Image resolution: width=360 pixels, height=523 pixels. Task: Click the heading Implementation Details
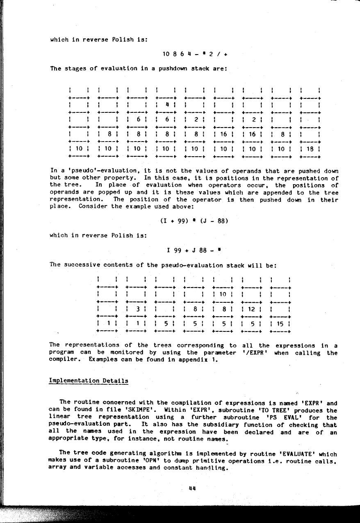tap(89, 381)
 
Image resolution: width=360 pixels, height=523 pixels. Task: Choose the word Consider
tap(85, 207)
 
